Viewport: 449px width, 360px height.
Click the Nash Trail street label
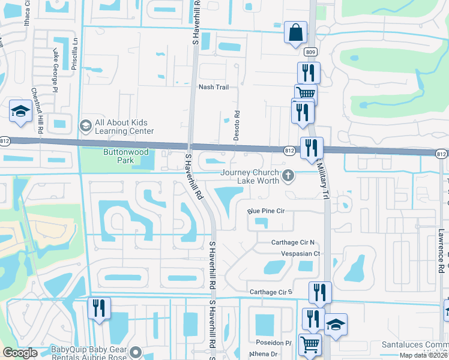tap(214, 87)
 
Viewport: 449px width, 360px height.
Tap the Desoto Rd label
tap(237, 125)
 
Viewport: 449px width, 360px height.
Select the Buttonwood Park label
tap(125, 156)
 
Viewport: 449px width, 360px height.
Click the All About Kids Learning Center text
tap(124, 127)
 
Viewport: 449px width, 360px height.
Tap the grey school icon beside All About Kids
tap(85, 125)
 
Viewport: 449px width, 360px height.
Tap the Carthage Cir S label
tap(270, 292)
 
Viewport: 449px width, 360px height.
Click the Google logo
tap(19, 353)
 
